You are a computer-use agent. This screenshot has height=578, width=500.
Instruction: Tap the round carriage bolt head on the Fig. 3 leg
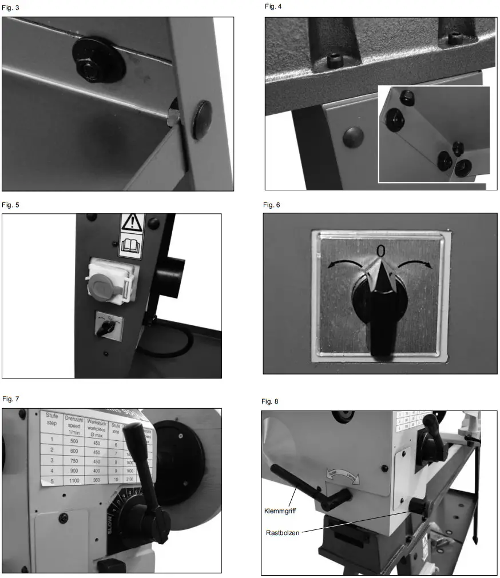coord(202,120)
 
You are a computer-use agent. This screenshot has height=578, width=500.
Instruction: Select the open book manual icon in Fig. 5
coord(131,247)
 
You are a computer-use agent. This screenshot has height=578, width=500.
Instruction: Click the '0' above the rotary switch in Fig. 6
coord(380,250)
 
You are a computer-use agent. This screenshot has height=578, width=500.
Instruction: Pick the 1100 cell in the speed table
coord(74,480)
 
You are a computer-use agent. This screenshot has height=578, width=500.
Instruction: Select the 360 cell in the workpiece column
coord(97,480)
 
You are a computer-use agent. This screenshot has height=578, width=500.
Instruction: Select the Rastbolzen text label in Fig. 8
coord(283,533)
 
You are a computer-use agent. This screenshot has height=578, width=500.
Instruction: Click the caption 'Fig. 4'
coord(273,6)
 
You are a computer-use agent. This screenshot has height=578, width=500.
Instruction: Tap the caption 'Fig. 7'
coord(10,398)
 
